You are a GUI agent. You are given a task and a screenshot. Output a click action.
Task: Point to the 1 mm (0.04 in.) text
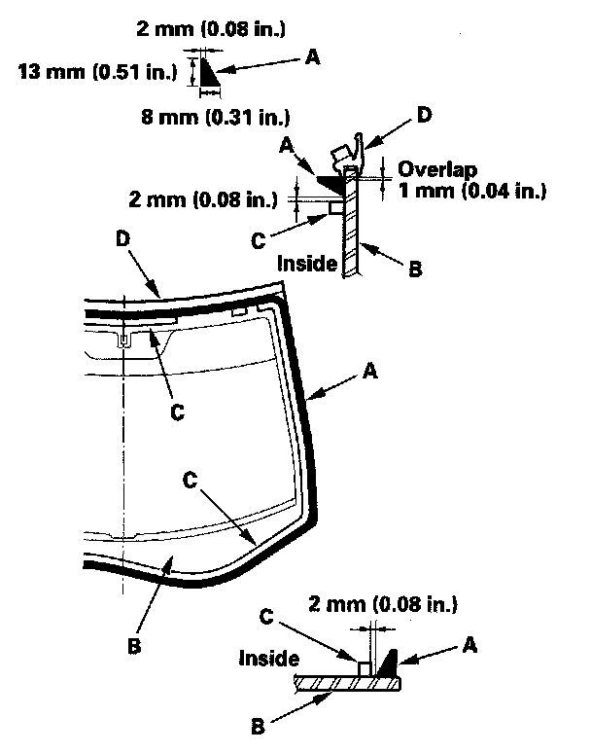(471, 190)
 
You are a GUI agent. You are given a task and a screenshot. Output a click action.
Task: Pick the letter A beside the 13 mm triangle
(311, 59)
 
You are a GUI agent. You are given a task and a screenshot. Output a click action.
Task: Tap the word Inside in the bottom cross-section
(267, 659)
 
